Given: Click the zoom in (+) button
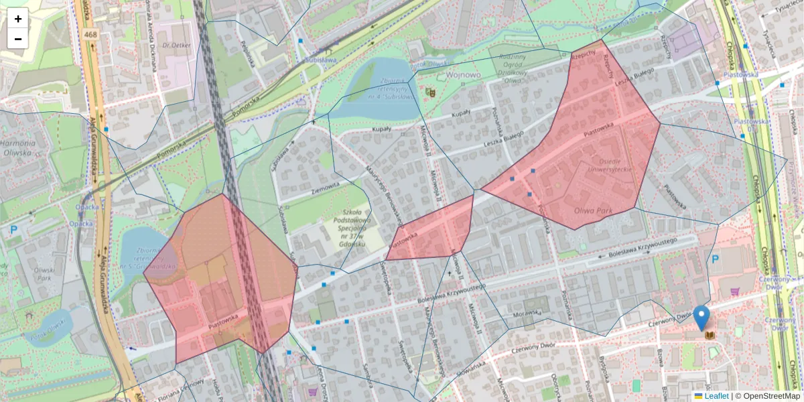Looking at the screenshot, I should [x=18, y=19].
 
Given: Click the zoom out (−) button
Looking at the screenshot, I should [x=18, y=38].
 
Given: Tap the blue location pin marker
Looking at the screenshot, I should [x=701, y=318].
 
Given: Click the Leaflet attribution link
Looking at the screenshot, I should [x=716, y=396].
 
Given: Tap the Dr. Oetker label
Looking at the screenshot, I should [x=178, y=46].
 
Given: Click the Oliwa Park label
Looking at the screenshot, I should [x=594, y=210].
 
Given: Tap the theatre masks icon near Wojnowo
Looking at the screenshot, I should [x=430, y=90].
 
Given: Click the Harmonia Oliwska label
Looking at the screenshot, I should [x=17, y=147].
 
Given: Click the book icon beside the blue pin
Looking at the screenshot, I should [x=710, y=335].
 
